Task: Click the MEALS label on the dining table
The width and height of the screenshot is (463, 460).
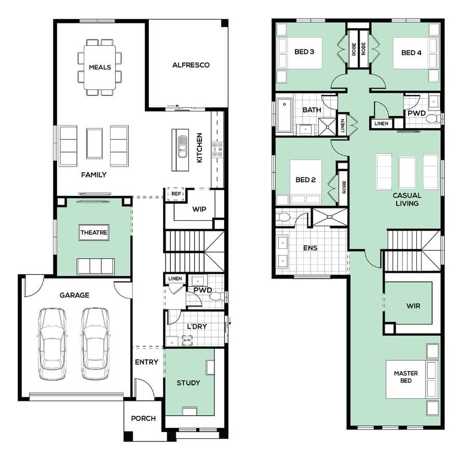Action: [x=100, y=67]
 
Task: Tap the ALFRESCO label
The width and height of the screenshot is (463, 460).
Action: [x=190, y=65]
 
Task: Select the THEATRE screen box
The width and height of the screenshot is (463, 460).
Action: [x=93, y=233]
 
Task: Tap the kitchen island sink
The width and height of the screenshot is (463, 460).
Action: [x=182, y=149]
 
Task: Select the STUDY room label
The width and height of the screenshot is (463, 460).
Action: [x=188, y=383]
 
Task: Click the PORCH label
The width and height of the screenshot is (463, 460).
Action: [x=143, y=419]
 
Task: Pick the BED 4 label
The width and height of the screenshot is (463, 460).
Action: [x=411, y=52]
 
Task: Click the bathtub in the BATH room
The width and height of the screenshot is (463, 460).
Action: [x=284, y=115]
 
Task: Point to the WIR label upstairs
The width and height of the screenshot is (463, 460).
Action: [x=413, y=306]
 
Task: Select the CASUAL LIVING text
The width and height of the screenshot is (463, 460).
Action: [x=406, y=200]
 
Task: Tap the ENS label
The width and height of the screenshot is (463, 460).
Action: [x=310, y=248]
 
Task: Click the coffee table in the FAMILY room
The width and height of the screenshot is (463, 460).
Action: [x=93, y=143]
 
